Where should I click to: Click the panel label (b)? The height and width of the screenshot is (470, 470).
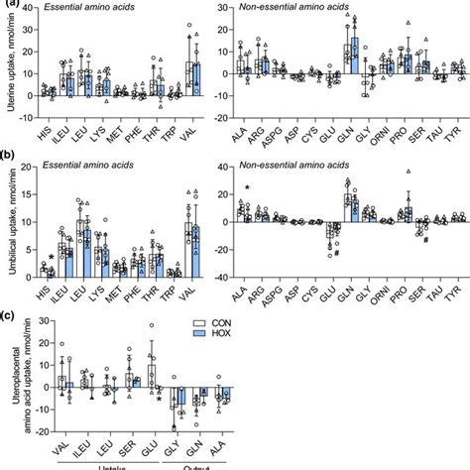pyautogui.click(x=9, y=157)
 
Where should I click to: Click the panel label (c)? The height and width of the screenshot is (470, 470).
pyautogui.click(x=9, y=317)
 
